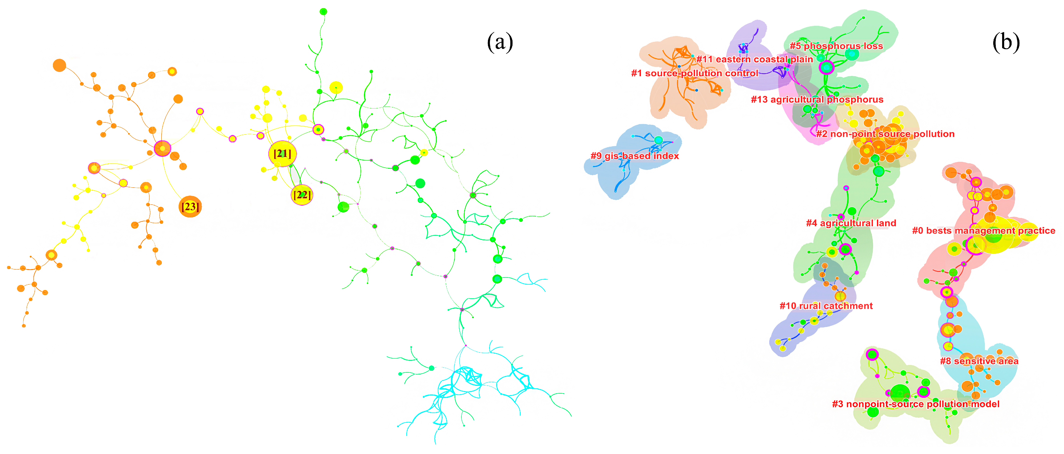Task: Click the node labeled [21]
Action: (x=283, y=154)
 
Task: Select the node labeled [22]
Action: (x=302, y=195)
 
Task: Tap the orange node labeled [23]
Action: (x=190, y=206)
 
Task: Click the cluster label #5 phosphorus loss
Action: (x=836, y=46)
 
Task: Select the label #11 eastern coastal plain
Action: (x=755, y=59)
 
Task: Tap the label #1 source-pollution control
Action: (x=695, y=73)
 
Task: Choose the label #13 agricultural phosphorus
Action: (x=817, y=100)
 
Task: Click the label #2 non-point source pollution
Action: (x=885, y=134)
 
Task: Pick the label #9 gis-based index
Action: (x=635, y=156)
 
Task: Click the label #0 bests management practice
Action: (x=983, y=231)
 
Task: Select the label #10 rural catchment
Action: (x=826, y=306)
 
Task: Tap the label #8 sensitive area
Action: (x=979, y=361)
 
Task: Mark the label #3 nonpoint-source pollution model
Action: (x=916, y=404)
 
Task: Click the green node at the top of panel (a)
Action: (x=323, y=11)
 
